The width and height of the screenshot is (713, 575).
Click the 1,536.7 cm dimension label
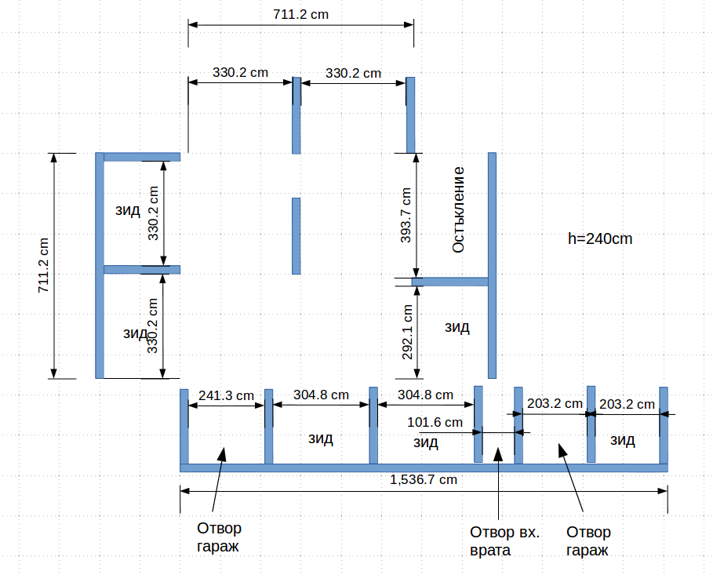(424, 479)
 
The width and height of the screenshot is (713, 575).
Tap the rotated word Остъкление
(459, 209)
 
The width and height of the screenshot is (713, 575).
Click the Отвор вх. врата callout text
(504, 541)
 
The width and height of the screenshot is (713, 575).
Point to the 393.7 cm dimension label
(406, 215)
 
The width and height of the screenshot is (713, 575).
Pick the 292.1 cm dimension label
(408, 332)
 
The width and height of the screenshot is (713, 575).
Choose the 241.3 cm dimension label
(226, 395)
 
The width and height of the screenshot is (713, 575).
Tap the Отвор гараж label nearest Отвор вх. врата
(587, 541)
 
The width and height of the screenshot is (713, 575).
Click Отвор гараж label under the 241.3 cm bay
(219, 537)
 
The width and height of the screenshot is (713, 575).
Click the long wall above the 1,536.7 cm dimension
(424, 468)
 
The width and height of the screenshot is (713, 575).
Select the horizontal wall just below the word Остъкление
(450, 282)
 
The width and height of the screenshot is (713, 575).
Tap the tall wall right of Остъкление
(492, 265)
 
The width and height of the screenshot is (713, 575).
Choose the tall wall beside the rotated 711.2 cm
(100, 265)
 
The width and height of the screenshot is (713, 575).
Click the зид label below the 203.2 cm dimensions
(622, 440)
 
